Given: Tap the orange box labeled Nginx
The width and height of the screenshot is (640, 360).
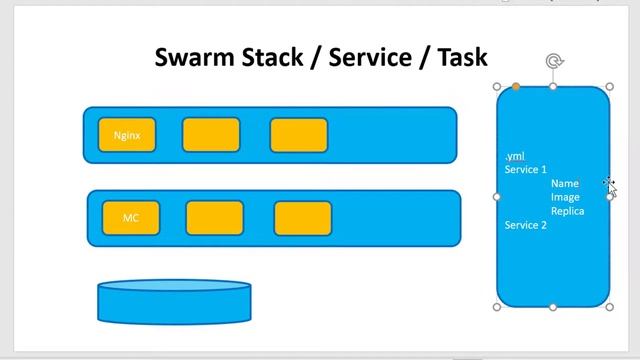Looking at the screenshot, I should [x=127, y=135].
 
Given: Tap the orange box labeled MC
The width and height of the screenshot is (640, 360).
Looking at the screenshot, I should [x=131, y=218].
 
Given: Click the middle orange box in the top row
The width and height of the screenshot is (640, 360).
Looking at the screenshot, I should [x=211, y=135].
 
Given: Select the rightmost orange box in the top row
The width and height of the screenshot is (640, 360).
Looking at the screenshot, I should [x=299, y=135].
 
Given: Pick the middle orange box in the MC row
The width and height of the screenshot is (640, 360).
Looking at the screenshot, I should [x=215, y=218].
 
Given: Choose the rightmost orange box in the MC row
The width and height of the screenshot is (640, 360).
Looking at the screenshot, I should [x=303, y=218].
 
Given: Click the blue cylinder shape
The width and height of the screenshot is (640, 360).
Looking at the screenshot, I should [x=174, y=303].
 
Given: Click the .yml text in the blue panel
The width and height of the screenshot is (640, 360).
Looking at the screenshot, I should [x=515, y=156].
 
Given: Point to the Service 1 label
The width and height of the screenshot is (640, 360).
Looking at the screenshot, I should [x=526, y=170].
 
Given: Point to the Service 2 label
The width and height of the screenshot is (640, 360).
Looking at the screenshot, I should [x=526, y=225].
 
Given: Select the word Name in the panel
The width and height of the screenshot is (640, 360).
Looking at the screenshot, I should [x=565, y=184].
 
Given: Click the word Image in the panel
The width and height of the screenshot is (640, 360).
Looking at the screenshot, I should [x=565, y=198].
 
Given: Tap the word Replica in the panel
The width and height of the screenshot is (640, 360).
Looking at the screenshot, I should [x=567, y=211].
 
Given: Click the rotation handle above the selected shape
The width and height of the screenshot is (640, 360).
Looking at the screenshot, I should [x=554, y=62].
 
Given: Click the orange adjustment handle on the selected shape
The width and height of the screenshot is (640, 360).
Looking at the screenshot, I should [x=516, y=87].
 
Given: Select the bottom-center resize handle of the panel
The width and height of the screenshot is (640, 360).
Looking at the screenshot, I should [x=554, y=307].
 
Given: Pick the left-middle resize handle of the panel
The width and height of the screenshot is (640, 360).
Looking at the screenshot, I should [x=497, y=197].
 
